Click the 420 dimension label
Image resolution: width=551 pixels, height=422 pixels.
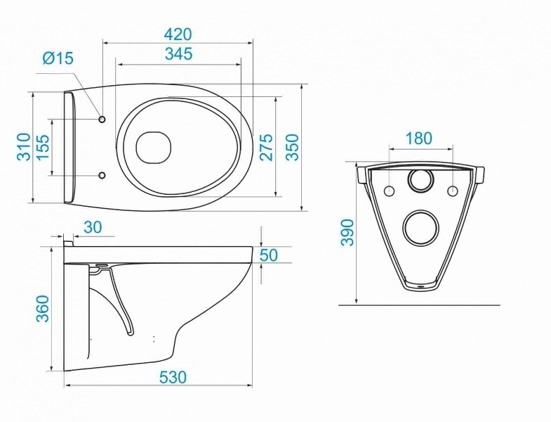pyautogui.click(x=178, y=34)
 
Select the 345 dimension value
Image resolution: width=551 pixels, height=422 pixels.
pyautogui.click(x=179, y=54)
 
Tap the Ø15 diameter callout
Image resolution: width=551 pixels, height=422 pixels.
pyautogui.click(x=58, y=58)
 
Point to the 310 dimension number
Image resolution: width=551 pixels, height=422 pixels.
pyautogui.click(x=24, y=147)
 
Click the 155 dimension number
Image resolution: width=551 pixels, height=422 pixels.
pyautogui.click(x=43, y=147)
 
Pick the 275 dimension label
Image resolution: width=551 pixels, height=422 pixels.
pyautogui.click(x=266, y=147)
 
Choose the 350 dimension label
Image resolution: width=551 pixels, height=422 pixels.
pyautogui.click(x=292, y=147)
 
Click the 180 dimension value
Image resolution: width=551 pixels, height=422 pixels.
pyautogui.click(x=418, y=139)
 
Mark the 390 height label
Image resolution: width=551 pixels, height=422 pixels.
pyautogui.click(x=347, y=233)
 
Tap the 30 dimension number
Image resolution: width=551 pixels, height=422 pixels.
pyautogui.click(x=93, y=227)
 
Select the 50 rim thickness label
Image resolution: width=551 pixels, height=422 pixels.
pyautogui.click(x=269, y=255)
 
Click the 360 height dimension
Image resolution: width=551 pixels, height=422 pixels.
pyautogui.click(x=44, y=309)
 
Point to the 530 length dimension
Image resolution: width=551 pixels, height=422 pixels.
pyautogui.click(x=173, y=377)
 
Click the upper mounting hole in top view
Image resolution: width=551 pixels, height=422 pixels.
pyautogui.click(x=102, y=120)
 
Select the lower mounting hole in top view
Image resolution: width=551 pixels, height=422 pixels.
pyautogui.click(x=102, y=175)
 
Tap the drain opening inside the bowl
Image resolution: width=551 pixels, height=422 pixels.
pyautogui.click(x=154, y=147)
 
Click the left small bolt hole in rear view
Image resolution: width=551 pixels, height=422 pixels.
pyautogui.click(x=390, y=191)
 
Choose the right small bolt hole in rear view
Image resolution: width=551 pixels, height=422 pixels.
pyautogui.click(x=453, y=191)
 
